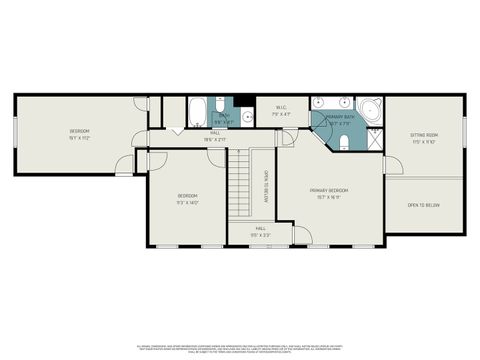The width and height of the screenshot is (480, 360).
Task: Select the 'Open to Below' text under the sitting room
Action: click(x=424, y=205)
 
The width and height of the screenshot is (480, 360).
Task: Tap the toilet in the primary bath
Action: click(x=346, y=141)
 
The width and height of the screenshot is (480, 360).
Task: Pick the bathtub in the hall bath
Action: click(x=197, y=108)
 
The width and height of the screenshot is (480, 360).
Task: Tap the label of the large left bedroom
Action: click(x=79, y=132)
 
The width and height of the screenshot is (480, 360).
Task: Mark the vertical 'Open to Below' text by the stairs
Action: click(x=266, y=186)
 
